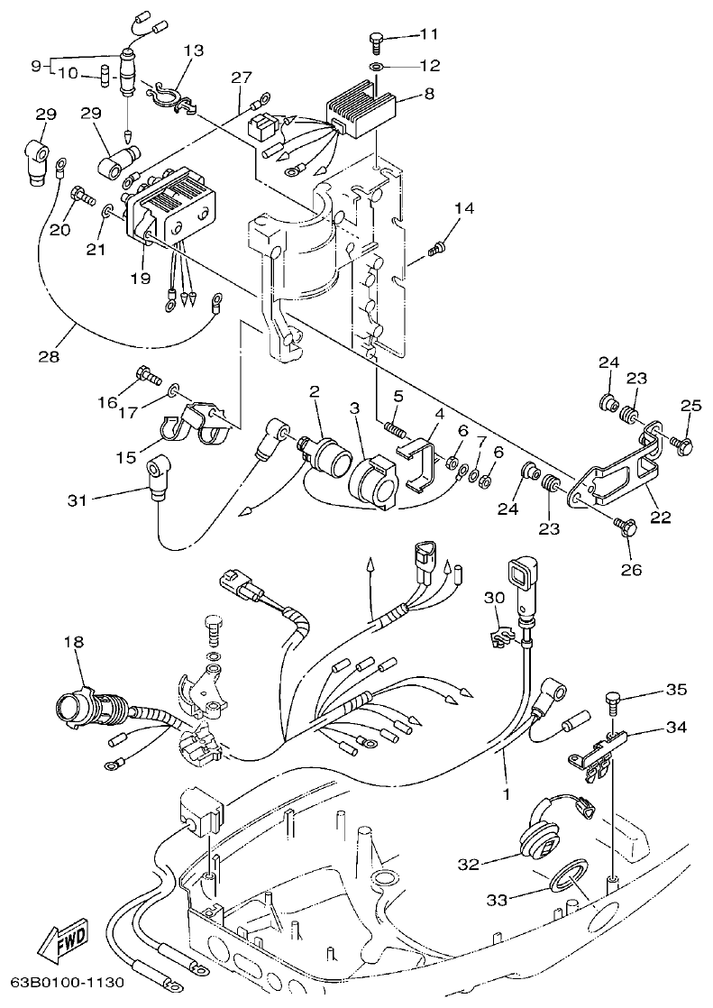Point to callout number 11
tap(428, 34)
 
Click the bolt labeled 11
tap(377, 41)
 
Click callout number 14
tap(463, 209)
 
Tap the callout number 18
tap(73, 642)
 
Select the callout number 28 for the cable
tap(49, 356)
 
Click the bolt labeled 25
tap(681, 443)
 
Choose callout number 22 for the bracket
tap(661, 517)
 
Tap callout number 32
tap(468, 864)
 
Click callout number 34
tap(676, 727)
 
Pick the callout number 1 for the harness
tap(506, 794)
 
